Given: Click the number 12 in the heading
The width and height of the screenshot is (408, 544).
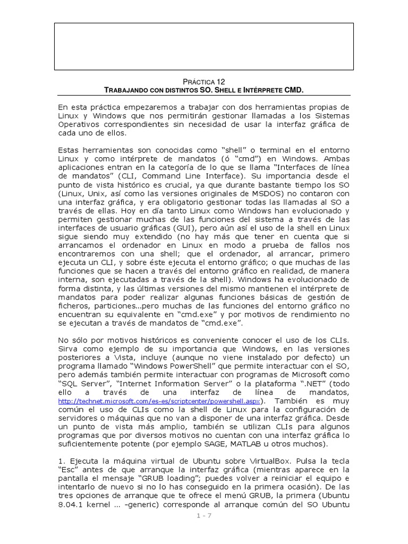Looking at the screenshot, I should pos(220,81).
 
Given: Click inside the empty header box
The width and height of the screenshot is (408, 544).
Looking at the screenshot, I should pos(203,47).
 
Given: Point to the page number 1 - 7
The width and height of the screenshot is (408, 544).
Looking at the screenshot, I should pos(203,515).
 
